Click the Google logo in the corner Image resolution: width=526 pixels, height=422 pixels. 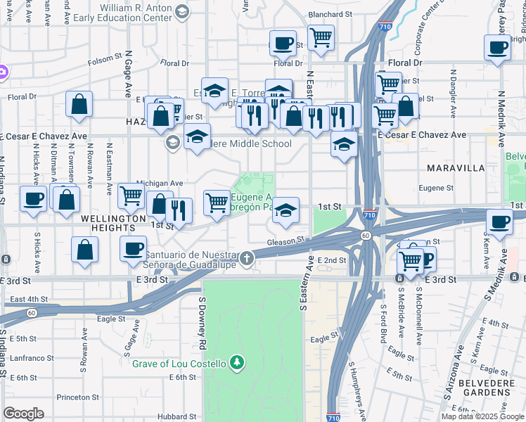(23, 414)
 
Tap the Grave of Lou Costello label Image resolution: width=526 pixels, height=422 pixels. (179, 363)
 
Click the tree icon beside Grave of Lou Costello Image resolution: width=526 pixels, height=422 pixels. (238, 363)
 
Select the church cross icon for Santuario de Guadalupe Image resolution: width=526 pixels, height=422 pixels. (246, 259)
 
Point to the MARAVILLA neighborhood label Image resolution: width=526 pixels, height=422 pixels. (456, 168)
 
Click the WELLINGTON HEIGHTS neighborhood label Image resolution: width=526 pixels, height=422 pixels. (113, 219)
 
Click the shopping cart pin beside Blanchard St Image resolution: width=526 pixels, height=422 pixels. (321, 38)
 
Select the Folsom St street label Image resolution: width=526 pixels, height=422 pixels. (105, 60)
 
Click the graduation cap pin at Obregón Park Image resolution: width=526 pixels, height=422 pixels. (285, 210)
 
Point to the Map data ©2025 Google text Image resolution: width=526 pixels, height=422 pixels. (483, 416)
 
